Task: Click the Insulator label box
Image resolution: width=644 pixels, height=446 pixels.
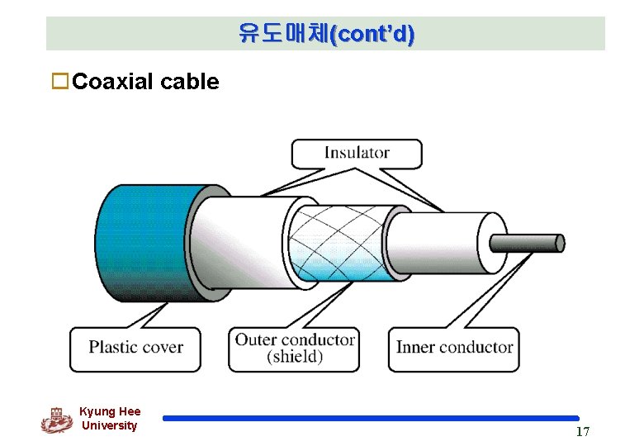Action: tap(357, 153)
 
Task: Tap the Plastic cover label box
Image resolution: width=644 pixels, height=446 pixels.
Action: tap(136, 347)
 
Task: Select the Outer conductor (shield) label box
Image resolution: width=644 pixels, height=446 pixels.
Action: tap(294, 348)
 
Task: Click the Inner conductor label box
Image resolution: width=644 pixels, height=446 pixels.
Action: tap(454, 347)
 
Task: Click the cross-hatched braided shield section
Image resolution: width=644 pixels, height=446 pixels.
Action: tap(339, 242)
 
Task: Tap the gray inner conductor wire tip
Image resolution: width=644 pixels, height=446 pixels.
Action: tap(528, 243)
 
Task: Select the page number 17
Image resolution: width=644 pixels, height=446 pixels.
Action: tap(582, 432)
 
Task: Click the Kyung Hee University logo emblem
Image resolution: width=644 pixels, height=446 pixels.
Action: tap(57, 420)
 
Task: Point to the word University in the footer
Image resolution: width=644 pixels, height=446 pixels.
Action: tap(110, 425)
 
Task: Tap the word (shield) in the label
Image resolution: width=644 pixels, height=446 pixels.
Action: tap(295, 357)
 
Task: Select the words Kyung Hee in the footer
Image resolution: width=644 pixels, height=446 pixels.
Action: tap(110, 411)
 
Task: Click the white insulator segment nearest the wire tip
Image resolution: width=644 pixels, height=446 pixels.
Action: tap(446, 242)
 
